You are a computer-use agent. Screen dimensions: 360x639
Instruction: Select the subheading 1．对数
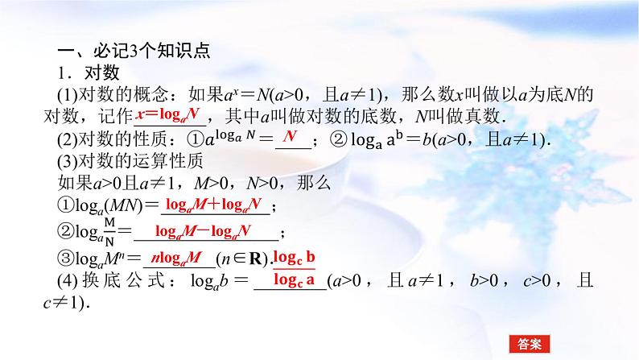tap(82, 73)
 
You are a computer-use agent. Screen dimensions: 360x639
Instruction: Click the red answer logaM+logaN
tap(215, 204)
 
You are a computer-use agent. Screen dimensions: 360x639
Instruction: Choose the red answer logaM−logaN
tap(204, 231)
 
